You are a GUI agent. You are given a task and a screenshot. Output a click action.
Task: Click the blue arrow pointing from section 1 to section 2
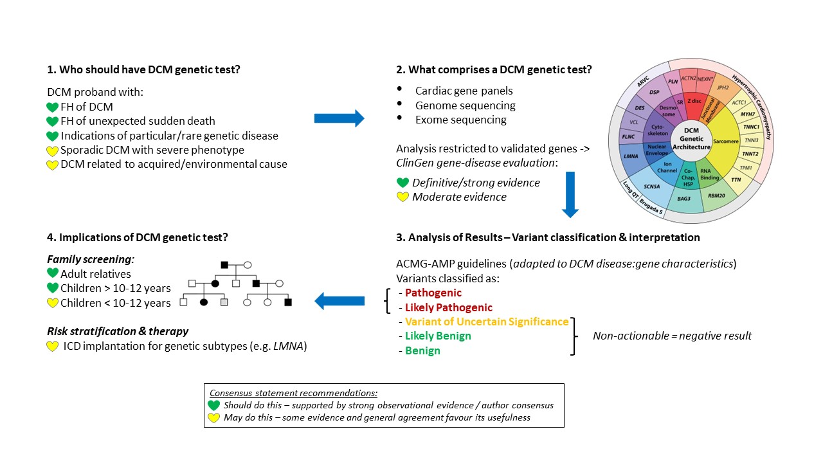coord(339,118)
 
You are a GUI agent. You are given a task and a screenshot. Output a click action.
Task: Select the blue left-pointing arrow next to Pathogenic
coord(339,300)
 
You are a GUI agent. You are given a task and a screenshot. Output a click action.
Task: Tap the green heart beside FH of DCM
coord(53,107)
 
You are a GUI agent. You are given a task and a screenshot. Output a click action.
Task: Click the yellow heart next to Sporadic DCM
coord(53,150)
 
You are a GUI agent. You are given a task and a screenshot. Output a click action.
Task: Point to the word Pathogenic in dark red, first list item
coord(433,293)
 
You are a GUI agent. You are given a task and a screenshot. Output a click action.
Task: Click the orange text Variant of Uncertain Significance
coord(487,322)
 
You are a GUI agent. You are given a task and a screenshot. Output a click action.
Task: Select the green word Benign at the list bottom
coord(422,350)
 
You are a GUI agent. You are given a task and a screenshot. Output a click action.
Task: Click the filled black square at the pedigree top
coord(224,264)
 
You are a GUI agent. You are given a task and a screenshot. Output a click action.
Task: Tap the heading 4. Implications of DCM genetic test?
coord(138,237)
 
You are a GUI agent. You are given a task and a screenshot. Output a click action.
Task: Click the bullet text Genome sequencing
coord(465,105)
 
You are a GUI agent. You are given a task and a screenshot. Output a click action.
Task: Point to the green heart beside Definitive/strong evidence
coord(402,183)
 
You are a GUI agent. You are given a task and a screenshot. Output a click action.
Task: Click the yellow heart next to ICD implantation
coord(53,347)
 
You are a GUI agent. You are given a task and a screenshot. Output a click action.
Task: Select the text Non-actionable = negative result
coord(672,336)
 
